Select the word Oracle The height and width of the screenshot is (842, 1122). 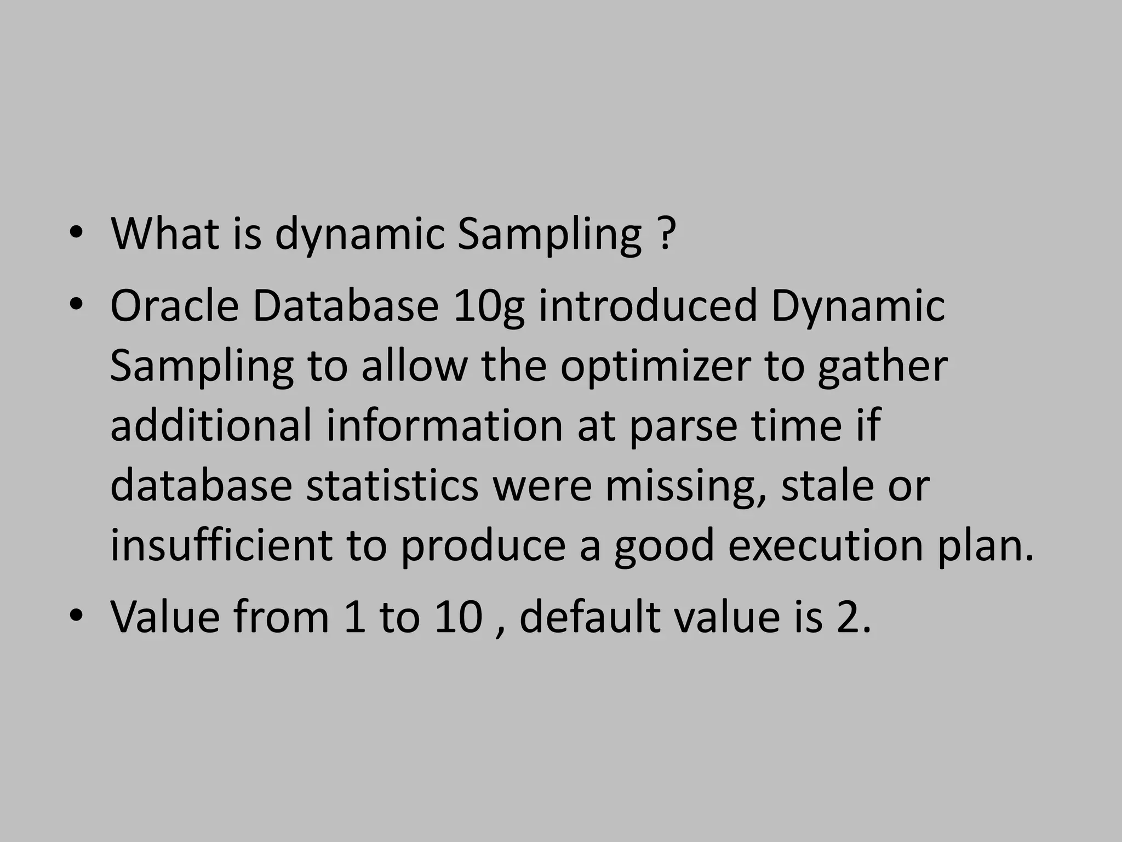pos(174,306)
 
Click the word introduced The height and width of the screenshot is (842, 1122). pos(648,306)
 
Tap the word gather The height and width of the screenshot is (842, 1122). pos(883,366)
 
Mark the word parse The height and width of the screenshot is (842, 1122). pos(683,426)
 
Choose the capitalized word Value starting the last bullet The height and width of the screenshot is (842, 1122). pos(165,617)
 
